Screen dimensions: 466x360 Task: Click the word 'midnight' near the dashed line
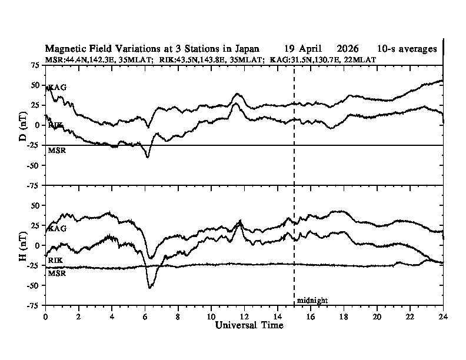(312, 301)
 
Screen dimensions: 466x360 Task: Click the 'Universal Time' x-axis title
(249, 325)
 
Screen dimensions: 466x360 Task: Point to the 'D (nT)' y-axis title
(23, 126)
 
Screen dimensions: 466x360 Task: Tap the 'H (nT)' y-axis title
(23, 246)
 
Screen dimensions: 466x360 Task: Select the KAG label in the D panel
(57, 87)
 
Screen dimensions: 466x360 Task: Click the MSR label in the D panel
(57, 151)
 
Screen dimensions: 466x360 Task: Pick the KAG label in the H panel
(57, 228)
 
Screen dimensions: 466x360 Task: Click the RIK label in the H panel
(55, 261)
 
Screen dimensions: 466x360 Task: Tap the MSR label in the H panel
(57, 274)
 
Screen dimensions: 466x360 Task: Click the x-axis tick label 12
(244, 316)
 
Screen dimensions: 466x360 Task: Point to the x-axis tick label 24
(443, 316)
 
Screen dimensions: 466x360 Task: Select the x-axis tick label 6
(145, 316)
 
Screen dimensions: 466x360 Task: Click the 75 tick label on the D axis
(35, 65)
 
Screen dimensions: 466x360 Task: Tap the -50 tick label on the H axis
(34, 285)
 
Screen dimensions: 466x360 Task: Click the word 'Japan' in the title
(247, 49)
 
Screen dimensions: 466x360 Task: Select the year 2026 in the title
(348, 49)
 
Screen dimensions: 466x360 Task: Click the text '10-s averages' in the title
(407, 49)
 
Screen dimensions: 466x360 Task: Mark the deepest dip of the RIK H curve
(149, 288)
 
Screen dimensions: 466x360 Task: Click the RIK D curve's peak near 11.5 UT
(236, 104)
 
